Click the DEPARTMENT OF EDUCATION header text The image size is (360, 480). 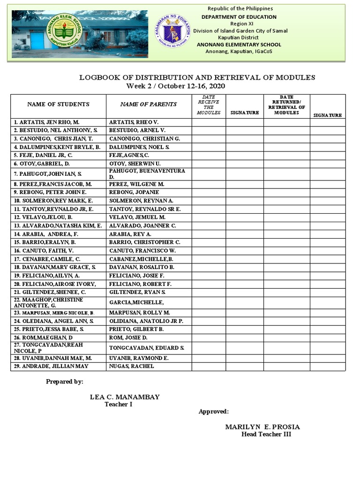239,17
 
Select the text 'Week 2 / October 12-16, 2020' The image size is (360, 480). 176,86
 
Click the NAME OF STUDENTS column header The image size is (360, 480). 58,105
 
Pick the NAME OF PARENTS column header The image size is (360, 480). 149,105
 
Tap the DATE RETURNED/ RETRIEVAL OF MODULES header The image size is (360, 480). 286,105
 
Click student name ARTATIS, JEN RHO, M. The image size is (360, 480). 46,122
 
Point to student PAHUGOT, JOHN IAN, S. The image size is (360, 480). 48,174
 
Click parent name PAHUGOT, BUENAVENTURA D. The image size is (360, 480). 147,174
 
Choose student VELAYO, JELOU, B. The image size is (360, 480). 43,217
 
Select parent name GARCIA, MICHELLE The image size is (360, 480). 136,302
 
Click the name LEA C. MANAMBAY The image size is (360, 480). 125,397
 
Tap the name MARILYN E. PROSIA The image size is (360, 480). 262,427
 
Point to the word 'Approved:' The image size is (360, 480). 214,412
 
